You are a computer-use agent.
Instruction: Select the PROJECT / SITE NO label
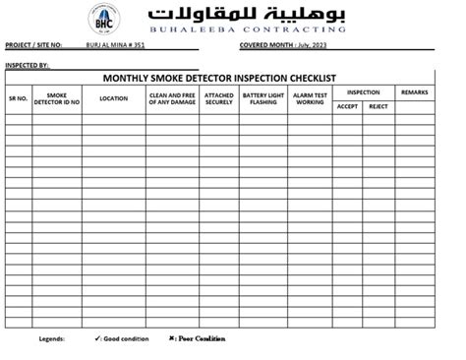33,45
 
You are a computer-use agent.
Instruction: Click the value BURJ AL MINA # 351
116,45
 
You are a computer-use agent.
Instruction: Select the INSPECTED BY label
28,65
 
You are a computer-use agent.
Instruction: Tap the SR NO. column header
19,99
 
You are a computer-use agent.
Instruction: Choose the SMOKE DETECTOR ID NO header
57,99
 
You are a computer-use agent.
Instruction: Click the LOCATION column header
113,99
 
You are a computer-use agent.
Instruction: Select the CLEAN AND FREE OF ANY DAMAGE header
173,99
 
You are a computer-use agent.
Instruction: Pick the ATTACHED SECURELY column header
219,99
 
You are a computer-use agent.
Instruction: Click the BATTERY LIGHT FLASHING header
262,99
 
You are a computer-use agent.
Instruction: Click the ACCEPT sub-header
347,106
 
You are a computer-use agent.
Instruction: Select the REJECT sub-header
379,106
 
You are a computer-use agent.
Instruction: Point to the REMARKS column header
414,91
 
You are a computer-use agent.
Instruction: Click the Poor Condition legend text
201,338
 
